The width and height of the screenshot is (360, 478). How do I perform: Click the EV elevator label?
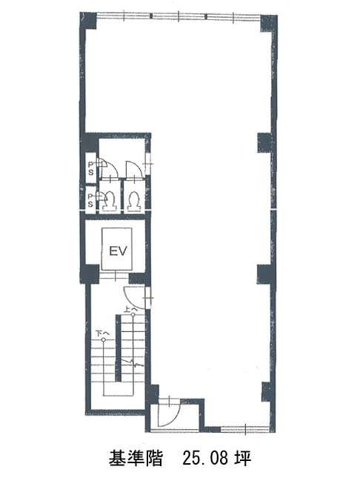[x=118, y=251]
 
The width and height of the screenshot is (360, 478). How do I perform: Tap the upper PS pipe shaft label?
[x=91, y=168]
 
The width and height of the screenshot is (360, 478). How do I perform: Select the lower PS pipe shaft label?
[x=90, y=200]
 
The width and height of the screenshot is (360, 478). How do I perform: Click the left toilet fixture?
[x=110, y=200]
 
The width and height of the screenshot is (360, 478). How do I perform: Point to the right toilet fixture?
[x=134, y=201]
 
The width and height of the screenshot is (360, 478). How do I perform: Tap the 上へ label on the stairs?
[x=130, y=309]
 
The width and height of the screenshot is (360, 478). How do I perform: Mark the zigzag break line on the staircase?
[x=133, y=363]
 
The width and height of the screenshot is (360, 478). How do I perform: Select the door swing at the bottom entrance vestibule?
[x=170, y=414]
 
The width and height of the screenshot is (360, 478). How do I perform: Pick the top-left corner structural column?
[x=88, y=21]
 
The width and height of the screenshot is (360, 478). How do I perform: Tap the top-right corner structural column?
[x=268, y=23]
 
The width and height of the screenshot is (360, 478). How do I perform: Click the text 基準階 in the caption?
[x=135, y=458]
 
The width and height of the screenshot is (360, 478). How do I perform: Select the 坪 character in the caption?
[x=243, y=458]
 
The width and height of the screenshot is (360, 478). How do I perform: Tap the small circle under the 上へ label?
[x=133, y=315]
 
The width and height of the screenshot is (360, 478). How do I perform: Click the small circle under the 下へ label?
[x=104, y=339]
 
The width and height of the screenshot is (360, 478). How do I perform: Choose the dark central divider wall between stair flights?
[x=119, y=348]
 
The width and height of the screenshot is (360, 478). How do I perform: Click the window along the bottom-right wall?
[x=244, y=428]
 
